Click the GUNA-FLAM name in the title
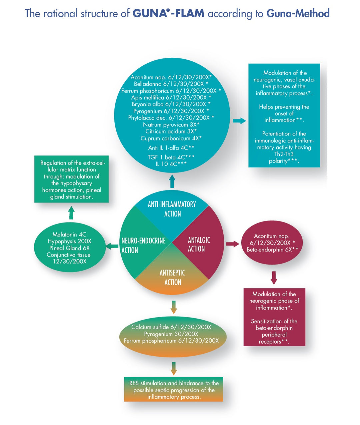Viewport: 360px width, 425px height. pyautogui.click(x=168, y=13)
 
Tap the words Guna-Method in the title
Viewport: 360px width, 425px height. pyautogui.click(x=298, y=13)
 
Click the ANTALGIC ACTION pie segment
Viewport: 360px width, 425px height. pyautogui.click(x=199, y=245)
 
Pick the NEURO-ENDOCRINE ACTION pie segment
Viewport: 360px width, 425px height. pyautogui.click(x=143, y=245)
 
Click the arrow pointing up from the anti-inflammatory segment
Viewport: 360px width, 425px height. pyautogui.click(x=172, y=181)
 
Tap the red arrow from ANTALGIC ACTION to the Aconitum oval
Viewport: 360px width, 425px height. pyautogui.click(x=232, y=244)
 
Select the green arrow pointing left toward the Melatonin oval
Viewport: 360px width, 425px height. pyautogui.click(x=112, y=246)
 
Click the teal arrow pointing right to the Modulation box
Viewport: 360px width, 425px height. pyautogui.click(x=239, y=121)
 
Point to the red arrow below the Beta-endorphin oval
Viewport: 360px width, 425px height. pyautogui.click(x=274, y=278)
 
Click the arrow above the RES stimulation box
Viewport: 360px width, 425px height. pyautogui.click(x=173, y=368)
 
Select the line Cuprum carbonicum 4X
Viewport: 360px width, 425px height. pyautogui.click(x=171, y=138)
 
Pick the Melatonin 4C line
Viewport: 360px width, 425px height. pyautogui.click(x=69, y=235)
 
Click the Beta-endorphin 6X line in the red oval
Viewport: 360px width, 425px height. pyautogui.click(x=272, y=250)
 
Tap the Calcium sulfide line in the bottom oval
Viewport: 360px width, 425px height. pyautogui.click(x=171, y=327)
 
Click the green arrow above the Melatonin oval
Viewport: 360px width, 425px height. pyautogui.click(x=71, y=212)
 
